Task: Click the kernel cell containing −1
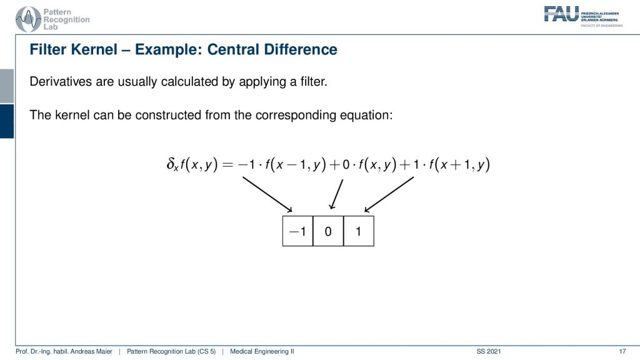[297, 231]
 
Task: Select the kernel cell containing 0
[328, 231]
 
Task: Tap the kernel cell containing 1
[359, 231]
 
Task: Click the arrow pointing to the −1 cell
[267, 194]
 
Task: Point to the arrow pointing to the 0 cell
[336, 194]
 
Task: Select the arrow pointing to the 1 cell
[389, 194]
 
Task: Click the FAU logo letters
[561, 14]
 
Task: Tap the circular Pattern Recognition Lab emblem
[28, 19]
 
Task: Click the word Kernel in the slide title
[94, 49]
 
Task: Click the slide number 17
[622, 351]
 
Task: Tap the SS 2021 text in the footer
[489, 351]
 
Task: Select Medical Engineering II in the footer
[262, 351]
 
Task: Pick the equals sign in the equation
[227, 164]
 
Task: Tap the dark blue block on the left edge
[7, 121]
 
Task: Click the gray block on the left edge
[7, 86]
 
